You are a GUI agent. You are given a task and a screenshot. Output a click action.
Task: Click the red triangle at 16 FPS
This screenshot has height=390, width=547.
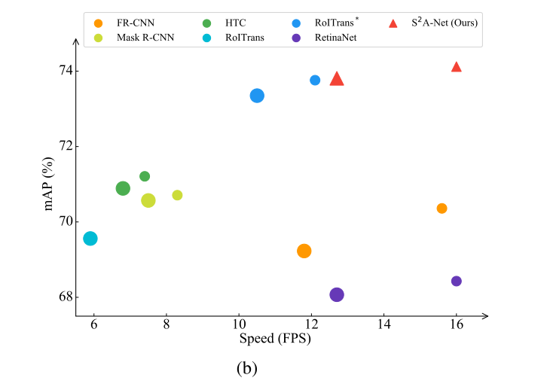456,67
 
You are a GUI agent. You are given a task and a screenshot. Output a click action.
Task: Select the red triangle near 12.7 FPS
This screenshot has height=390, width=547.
337,79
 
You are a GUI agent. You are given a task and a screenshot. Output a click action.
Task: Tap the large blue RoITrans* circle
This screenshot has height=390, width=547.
257,96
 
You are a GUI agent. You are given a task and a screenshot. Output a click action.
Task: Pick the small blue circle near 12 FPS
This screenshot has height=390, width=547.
315,80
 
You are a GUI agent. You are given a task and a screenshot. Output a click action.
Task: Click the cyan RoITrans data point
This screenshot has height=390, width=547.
90,239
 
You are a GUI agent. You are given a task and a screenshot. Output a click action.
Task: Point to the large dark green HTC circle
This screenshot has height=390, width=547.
123,188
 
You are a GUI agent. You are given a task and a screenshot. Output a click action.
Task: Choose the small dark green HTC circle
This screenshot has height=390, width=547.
145,176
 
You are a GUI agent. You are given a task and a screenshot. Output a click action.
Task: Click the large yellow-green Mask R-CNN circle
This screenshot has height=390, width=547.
148,200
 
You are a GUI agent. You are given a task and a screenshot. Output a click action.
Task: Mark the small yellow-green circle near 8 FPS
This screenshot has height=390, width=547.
177,195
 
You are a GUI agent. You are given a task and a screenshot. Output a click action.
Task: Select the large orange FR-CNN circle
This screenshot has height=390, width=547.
304,251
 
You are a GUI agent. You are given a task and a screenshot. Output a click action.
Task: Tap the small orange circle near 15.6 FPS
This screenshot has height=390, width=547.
442,209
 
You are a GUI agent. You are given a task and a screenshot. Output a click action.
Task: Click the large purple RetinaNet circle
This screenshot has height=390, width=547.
337,294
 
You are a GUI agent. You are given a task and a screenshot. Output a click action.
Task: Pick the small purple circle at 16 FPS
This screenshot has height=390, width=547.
456,281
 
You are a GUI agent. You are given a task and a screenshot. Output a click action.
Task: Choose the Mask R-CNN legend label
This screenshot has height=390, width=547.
145,37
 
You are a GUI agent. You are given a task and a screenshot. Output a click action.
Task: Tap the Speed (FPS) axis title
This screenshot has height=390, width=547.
274,339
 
